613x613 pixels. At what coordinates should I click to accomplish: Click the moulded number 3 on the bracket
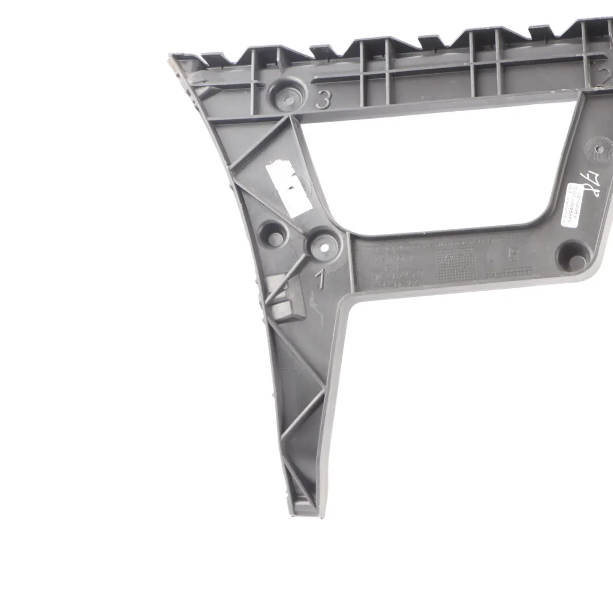click(x=323, y=100)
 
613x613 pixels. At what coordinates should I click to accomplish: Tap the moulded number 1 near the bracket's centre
click(x=321, y=280)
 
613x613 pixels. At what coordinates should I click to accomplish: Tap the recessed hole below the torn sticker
click(x=275, y=236)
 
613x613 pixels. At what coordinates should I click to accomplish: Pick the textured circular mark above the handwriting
click(x=599, y=149)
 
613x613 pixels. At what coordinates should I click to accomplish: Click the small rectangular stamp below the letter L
click(x=508, y=272)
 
